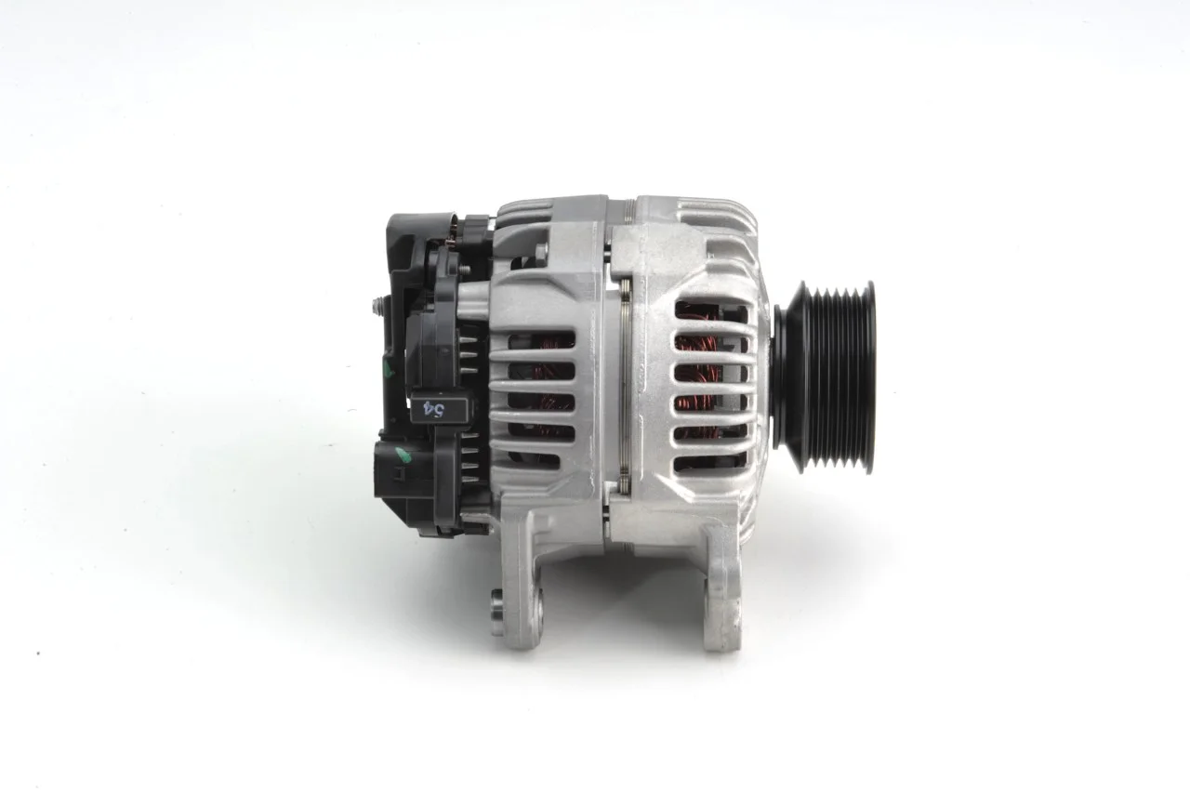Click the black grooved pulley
[825, 377]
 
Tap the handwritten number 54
[434, 409]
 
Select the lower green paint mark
[403, 455]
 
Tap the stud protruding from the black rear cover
[378, 307]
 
